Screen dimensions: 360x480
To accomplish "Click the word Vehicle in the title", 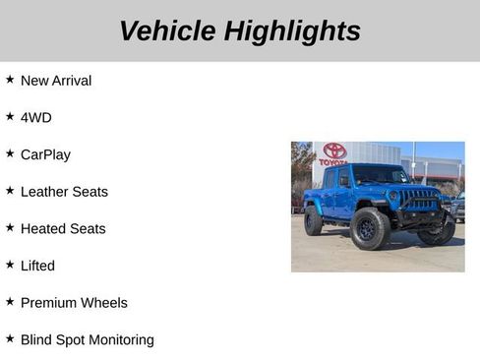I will [167, 31].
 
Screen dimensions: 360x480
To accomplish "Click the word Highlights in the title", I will [292, 31].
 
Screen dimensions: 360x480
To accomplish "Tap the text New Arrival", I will [56, 81].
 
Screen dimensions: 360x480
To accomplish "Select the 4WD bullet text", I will [36, 118].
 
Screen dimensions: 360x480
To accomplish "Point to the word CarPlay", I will [45, 154].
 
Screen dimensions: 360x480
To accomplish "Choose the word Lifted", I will [37, 266].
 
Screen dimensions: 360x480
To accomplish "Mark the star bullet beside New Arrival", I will [10, 80].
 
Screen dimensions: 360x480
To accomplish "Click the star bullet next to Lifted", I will [10, 265].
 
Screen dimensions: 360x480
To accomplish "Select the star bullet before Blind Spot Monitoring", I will [10, 338].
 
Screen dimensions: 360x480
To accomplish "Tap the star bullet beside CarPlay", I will [10, 153].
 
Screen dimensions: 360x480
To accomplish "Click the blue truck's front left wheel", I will [370, 229].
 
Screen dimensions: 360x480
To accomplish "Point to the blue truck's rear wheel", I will [313, 221].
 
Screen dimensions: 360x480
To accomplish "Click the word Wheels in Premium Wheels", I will [105, 303].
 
